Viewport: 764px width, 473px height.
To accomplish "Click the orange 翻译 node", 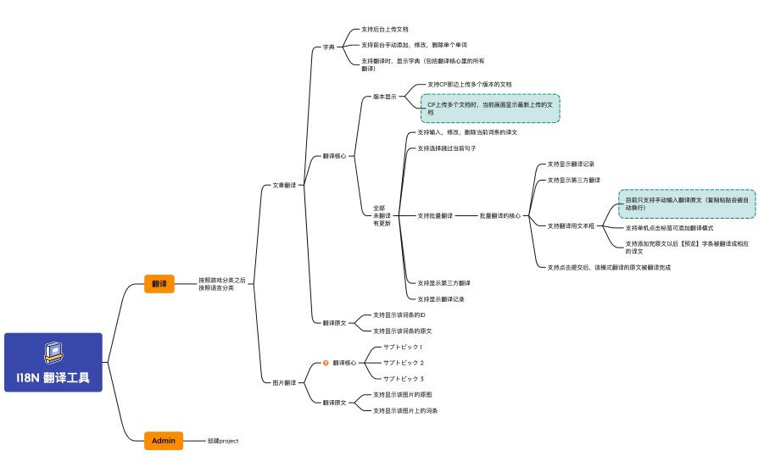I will (159, 284).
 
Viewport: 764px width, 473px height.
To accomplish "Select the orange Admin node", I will (164, 441).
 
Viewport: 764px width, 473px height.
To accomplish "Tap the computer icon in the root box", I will (53, 351).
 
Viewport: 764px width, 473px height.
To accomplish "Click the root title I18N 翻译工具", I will (53, 377).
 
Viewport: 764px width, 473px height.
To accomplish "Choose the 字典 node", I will (328, 47).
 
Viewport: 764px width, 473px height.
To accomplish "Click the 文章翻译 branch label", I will (284, 185).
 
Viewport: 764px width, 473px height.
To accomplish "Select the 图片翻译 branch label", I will (284, 382).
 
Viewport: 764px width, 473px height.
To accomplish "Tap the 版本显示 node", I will (385, 97).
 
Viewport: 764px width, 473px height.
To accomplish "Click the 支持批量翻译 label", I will (435, 215).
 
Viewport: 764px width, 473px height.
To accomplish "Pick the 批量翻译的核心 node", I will (500, 215).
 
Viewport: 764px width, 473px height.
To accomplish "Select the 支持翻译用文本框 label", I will (571, 225).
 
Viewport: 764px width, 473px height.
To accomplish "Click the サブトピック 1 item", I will (403, 347).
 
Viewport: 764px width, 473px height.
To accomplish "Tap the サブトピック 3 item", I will (404, 378).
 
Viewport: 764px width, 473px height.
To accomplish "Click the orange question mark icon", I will (326, 363).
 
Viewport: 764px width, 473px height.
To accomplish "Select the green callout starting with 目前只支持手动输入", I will (687, 203).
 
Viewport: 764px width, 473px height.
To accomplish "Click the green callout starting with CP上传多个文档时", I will (490, 108).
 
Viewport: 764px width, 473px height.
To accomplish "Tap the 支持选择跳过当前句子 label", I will (447, 148).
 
